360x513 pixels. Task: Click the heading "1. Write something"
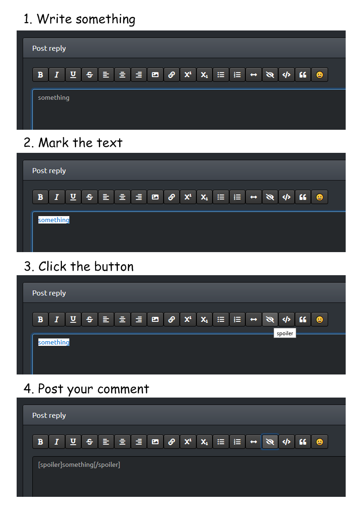(79, 19)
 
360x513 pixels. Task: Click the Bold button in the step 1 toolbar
(40, 75)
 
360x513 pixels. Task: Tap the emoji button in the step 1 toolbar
(319, 75)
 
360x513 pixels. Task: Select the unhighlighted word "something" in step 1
(54, 97)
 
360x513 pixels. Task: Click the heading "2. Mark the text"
(73, 143)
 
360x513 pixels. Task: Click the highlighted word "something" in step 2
(54, 220)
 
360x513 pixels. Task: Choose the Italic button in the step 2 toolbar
(56, 197)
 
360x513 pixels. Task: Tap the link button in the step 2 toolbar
(171, 197)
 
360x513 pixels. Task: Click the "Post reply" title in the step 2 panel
(49, 171)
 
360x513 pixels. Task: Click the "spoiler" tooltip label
(285, 333)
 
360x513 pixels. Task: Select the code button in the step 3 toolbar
(287, 320)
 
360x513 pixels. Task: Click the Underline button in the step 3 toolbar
(73, 320)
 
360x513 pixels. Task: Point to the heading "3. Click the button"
(79, 266)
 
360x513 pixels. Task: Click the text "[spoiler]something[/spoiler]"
(79, 465)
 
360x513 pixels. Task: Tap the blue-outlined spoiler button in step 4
(270, 442)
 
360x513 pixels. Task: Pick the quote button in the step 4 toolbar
(303, 442)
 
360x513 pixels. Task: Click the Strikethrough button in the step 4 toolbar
(90, 442)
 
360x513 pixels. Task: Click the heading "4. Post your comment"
(86, 389)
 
